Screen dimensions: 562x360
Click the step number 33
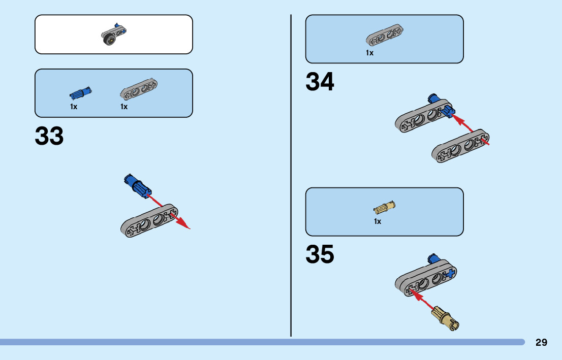click(49, 137)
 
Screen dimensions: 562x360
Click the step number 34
click(320, 82)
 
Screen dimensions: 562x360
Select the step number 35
click(320, 255)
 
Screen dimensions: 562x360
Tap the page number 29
click(541, 342)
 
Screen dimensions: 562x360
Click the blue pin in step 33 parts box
click(80, 93)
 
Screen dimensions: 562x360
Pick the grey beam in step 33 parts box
click(139, 89)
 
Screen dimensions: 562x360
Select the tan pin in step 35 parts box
click(384, 207)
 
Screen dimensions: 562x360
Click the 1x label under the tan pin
click(378, 221)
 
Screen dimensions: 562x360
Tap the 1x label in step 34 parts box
click(369, 53)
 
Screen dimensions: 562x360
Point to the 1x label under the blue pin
click(74, 107)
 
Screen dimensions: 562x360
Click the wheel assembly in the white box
click(113, 35)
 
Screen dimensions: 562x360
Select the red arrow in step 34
click(470, 129)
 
